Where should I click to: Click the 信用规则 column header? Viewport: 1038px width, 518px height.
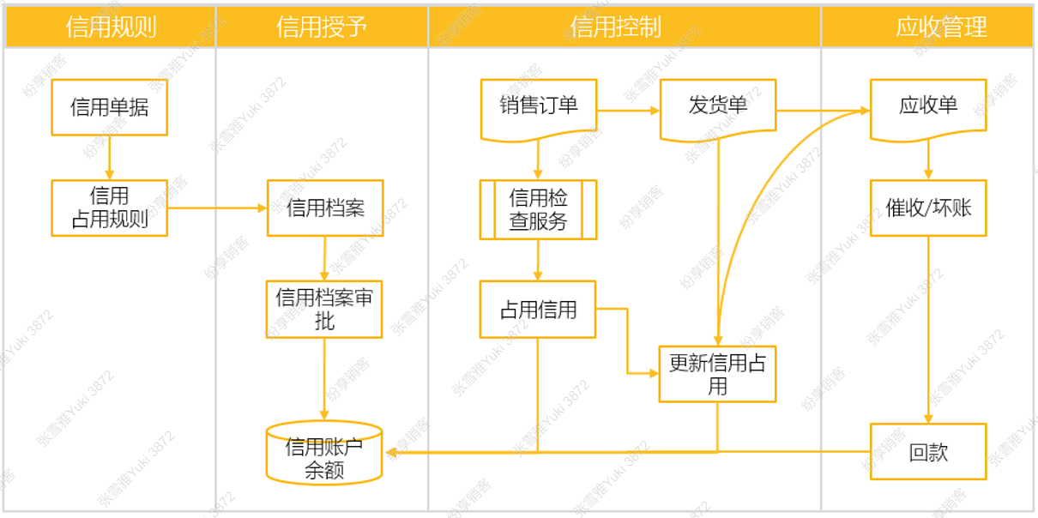(x=111, y=27)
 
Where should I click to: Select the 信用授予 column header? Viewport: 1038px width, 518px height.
(x=322, y=27)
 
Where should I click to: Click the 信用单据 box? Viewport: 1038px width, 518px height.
(x=109, y=107)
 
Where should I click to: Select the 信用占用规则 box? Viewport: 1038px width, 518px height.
(x=109, y=208)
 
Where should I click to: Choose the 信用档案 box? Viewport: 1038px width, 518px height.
(x=325, y=208)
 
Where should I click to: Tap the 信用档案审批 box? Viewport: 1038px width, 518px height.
(x=324, y=309)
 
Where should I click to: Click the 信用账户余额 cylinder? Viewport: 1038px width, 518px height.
(x=324, y=453)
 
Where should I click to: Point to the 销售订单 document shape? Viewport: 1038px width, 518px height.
(x=539, y=109)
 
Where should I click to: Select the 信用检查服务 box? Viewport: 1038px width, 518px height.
(x=539, y=209)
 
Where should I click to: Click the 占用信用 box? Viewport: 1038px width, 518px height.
(x=538, y=309)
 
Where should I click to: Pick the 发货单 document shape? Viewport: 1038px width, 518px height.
(x=718, y=109)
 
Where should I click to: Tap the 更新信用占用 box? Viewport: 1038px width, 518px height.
(x=717, y=374)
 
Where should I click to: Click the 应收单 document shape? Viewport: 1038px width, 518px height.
(x=928, y=109)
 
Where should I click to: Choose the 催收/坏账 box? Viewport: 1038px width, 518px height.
(x=928, y=208)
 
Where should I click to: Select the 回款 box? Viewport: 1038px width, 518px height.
(x=928, y=452)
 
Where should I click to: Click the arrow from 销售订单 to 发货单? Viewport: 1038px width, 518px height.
(x=628, y=111)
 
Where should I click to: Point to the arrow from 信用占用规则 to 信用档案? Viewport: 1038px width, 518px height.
(x=217, y=208)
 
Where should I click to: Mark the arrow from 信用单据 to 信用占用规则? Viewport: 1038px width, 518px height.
(x=109, y=158)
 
